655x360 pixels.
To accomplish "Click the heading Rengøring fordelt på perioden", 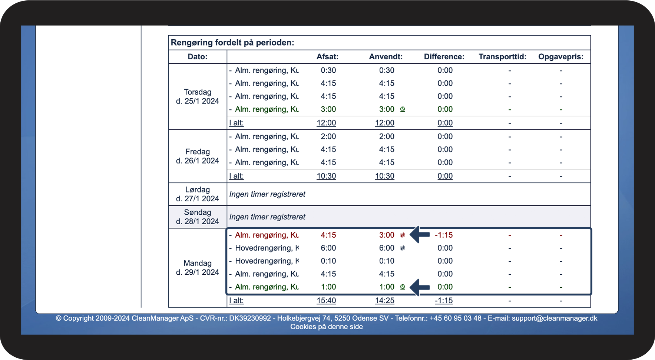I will tap(232, 43).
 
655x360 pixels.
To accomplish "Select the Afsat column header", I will tap(327, 57).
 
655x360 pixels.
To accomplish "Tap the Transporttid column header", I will tap(502, 57).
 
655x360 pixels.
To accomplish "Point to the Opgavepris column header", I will tap(561, 57).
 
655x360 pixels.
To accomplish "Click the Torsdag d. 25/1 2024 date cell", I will tap(198, 96).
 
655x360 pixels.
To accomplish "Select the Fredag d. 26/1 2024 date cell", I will tap(198, 156).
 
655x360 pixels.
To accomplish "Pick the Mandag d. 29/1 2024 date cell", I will tap(198, 268).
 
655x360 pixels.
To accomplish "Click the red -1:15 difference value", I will tap(444, 235).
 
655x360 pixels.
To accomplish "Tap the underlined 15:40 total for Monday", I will tap(326, 301).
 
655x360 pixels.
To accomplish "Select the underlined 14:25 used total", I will tap(384, 301).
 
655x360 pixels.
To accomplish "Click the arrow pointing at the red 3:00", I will tap(420, 235).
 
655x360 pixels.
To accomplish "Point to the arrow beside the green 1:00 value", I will tap(420, 287).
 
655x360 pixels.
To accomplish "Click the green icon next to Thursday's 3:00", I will tap(403, 109).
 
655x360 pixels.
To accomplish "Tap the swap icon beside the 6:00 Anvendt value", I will tap(403, 248).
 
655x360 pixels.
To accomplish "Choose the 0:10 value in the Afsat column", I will tap(328, 261).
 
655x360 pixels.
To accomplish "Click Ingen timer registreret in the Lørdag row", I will tap(267, 194).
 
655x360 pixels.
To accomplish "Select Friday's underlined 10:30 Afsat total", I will tap(326, 176).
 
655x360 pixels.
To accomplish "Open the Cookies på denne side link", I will tap(327, 327).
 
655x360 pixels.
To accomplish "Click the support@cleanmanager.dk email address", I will tap(555, 318).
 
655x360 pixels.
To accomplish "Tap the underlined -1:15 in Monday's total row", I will tap(444, 301).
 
